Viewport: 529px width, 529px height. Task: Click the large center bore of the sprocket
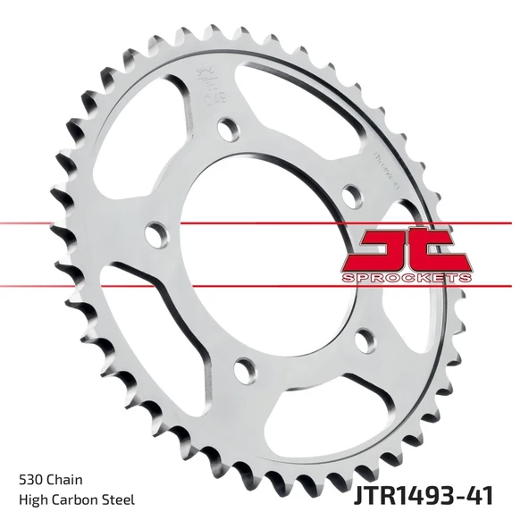(259, 259)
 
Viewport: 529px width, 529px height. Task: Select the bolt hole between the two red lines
(156, 236)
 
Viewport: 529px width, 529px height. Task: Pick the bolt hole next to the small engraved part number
(350, 193)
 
